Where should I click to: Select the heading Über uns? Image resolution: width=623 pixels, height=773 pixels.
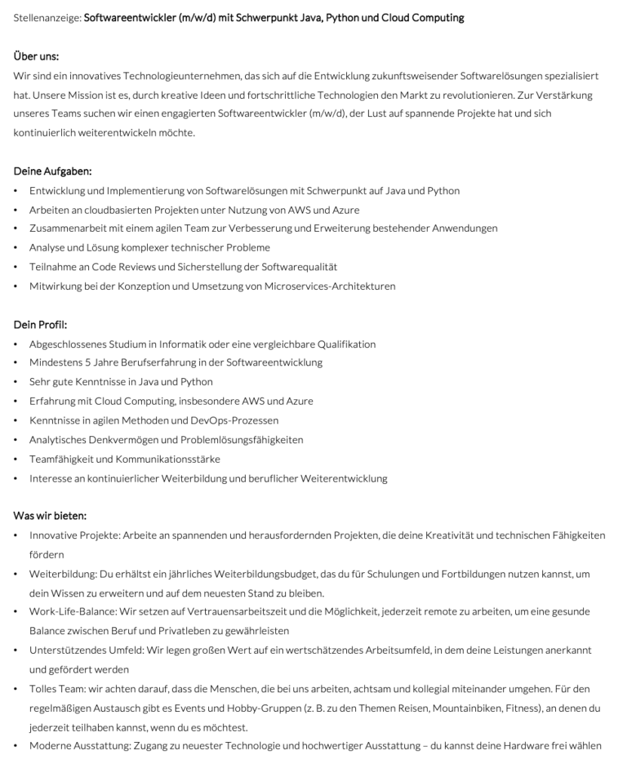click(36, 57)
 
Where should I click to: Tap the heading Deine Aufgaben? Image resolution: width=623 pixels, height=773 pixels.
click(53, 171)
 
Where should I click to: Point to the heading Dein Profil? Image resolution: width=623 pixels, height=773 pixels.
click(41, 325)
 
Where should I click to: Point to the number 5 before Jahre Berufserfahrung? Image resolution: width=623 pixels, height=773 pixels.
click(87, 363)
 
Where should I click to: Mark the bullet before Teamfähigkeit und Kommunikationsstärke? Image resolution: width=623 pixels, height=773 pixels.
click(17, 459)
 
